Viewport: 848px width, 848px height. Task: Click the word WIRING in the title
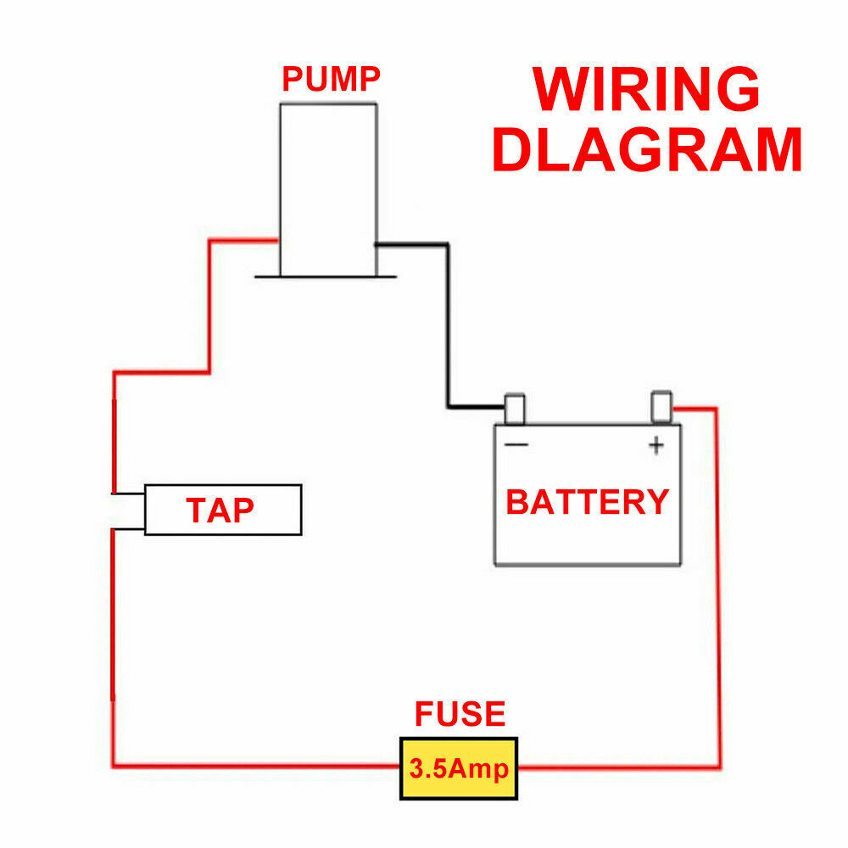click(646, 89)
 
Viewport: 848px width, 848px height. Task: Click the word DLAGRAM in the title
click(647, 149)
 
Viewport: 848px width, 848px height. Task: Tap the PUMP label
click(331, 79)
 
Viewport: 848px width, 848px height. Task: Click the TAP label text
click(220, 510)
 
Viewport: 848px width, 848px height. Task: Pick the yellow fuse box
click(459, 768)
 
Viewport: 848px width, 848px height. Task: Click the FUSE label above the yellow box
click(460, 713)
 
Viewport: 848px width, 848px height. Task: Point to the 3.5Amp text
click(459, 768)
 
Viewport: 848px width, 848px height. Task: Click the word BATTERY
click(588, 502)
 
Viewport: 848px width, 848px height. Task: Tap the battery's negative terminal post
click(515, 409)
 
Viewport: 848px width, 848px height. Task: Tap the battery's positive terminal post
click(661, 407)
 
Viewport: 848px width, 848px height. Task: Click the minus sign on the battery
click(516, 445)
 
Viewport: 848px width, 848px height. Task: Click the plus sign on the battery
click(656, 446)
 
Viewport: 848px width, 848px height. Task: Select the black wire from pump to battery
click(448, 325)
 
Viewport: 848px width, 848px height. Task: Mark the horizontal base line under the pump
click(326, 277)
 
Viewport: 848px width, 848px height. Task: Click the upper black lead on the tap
click(128, 494)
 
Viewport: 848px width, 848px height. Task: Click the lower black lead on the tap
click(128, 529)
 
